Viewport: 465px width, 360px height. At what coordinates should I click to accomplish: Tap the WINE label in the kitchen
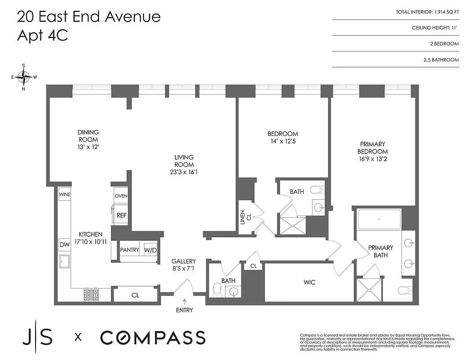[64, 194]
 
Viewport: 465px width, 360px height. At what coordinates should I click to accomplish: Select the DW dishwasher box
[64, 244]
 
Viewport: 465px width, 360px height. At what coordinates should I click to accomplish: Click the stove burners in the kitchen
[91, 295]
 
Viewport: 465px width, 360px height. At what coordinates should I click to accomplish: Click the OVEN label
[121, 196]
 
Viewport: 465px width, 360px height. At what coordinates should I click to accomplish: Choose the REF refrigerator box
[121, 216]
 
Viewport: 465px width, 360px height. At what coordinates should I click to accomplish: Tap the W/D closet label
[150, 250]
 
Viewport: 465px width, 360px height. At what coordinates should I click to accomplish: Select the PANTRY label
[130, 250]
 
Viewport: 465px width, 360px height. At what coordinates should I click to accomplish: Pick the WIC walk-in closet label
[309, 283]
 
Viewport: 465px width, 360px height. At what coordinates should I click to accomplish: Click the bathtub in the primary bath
[379, 220]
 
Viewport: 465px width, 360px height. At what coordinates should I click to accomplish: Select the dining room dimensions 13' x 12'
[88, 146]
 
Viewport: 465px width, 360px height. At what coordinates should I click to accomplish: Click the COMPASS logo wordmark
[152, 337]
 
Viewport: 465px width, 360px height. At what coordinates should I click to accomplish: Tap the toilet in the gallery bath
[216, 290]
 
